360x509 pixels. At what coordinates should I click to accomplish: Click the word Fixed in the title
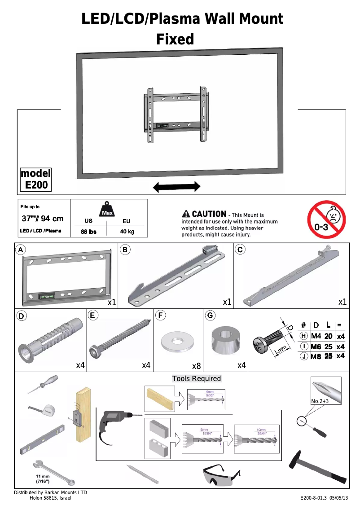175,39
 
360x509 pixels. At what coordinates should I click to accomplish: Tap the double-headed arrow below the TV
176,187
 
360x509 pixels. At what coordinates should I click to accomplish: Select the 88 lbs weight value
88,232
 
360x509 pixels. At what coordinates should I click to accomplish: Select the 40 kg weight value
127,232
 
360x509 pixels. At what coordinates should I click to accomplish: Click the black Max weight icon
107,210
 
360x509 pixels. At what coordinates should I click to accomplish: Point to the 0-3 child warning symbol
326,219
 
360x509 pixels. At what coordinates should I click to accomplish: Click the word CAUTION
209,214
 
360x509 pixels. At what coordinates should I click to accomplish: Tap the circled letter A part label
20,250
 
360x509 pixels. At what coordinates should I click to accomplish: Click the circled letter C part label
240,250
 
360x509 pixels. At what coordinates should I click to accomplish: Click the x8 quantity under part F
196,366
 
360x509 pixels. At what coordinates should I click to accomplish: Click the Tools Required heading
197,378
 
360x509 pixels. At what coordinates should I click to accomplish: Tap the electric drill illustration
115,422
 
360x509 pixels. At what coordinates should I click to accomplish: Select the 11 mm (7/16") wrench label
43,478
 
